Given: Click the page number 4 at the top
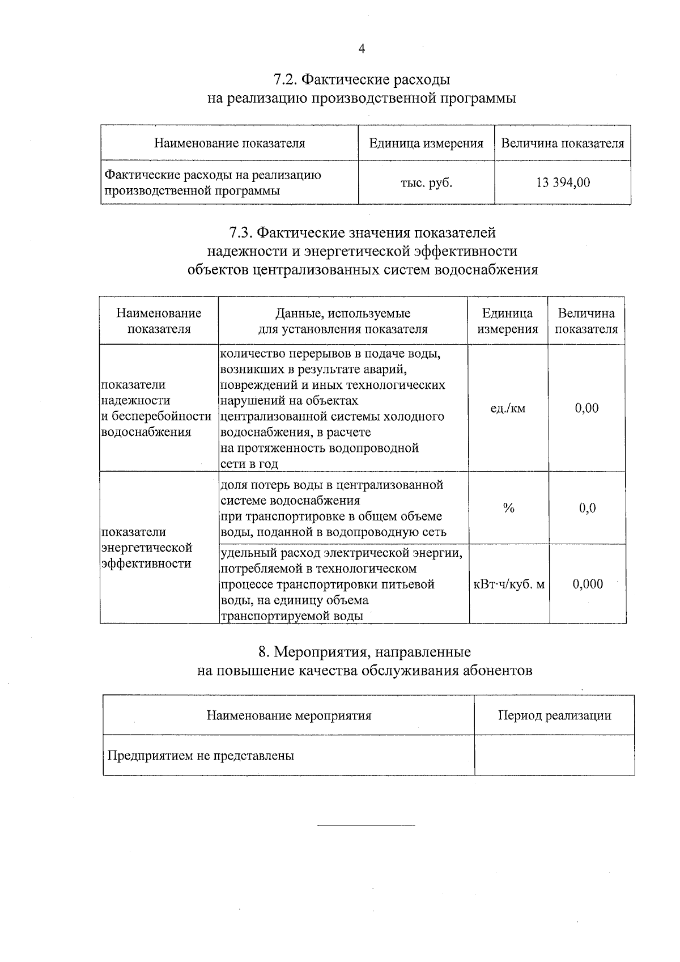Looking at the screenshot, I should tap(362, 49).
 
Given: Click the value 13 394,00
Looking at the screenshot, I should tap(563, 183).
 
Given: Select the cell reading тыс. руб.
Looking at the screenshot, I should tap(426, 183).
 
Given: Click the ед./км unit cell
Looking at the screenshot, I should tap(508, 408).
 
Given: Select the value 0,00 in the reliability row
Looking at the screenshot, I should tap(586, 408).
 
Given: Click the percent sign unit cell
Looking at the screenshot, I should tap(508, 508).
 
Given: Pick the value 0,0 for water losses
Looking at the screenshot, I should tap(587, 508).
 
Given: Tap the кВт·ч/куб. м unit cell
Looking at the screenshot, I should tap(508, 584).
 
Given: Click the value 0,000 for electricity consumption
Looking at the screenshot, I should tap(588, 584).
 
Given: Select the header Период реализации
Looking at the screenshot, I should tap(554, 715).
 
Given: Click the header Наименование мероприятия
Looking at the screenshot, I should tap(288, 715).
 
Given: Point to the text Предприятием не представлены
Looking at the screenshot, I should tap(201, 756).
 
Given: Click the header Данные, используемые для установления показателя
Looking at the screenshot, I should tap(343, 321).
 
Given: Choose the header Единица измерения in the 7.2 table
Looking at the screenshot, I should tap(426, 143).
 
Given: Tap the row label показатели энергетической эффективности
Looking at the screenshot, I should tap(147, 548).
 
